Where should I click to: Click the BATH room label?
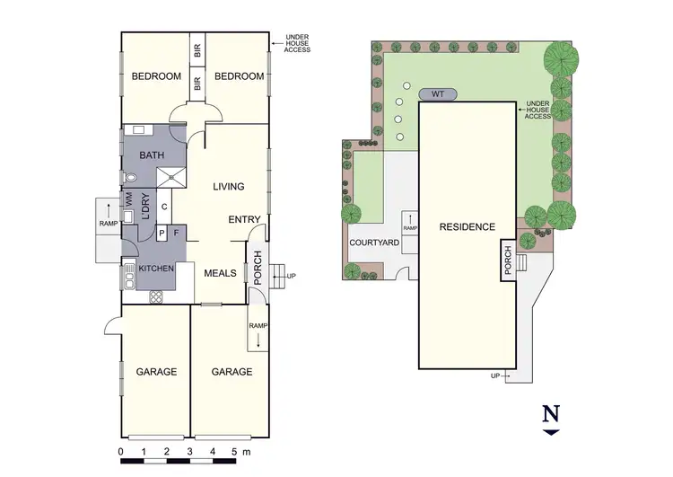[152, 155]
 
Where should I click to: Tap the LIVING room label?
[229, 187]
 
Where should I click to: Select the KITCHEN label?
[154, 269]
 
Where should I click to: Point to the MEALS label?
[219, 273]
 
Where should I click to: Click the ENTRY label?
[244, 220]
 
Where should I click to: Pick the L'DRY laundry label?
[144, 206]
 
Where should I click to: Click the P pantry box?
[162, 234]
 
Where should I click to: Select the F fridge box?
[177, 234]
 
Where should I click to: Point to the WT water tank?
[438, 93]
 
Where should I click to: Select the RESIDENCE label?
[467, 227]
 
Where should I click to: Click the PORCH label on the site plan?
[508, 261]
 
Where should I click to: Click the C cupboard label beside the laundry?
[164, 206]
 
